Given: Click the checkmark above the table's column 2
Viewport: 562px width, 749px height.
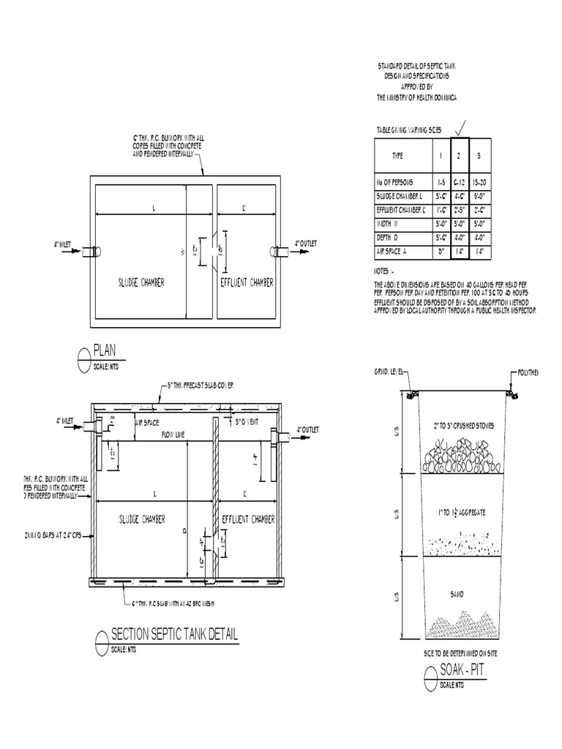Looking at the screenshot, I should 459,129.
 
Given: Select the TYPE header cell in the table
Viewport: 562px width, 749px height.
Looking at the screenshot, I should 397,156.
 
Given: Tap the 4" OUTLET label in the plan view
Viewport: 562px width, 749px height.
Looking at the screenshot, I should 307,244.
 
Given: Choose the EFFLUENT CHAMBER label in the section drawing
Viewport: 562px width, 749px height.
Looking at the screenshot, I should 247,519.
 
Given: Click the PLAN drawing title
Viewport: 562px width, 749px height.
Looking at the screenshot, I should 105,349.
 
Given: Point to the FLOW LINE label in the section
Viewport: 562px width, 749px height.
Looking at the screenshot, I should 173,435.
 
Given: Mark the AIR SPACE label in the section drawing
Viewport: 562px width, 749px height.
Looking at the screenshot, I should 149,422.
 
